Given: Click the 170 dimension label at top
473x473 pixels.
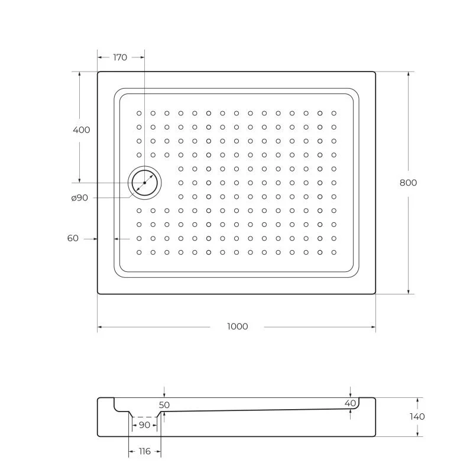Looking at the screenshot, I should (120, 57).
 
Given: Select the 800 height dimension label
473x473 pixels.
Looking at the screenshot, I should (408, 183).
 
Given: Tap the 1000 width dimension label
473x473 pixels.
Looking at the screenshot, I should (237, 326).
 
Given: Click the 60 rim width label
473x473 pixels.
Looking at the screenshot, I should (73, 238).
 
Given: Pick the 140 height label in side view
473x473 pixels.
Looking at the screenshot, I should (417, 416).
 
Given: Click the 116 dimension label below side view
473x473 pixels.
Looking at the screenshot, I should (144, 451).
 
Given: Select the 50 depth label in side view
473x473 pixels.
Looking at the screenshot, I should (164, 405).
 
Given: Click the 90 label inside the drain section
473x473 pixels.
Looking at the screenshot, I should (144, 425).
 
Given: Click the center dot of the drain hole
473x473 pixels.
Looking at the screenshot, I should (145, 183).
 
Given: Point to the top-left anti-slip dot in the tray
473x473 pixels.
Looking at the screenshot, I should (139, 113).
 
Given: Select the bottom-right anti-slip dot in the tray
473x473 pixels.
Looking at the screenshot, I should (333, 252).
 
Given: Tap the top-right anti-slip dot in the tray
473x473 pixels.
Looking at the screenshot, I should (333, 113).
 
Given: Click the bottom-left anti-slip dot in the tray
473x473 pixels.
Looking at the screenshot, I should (139, 252).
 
